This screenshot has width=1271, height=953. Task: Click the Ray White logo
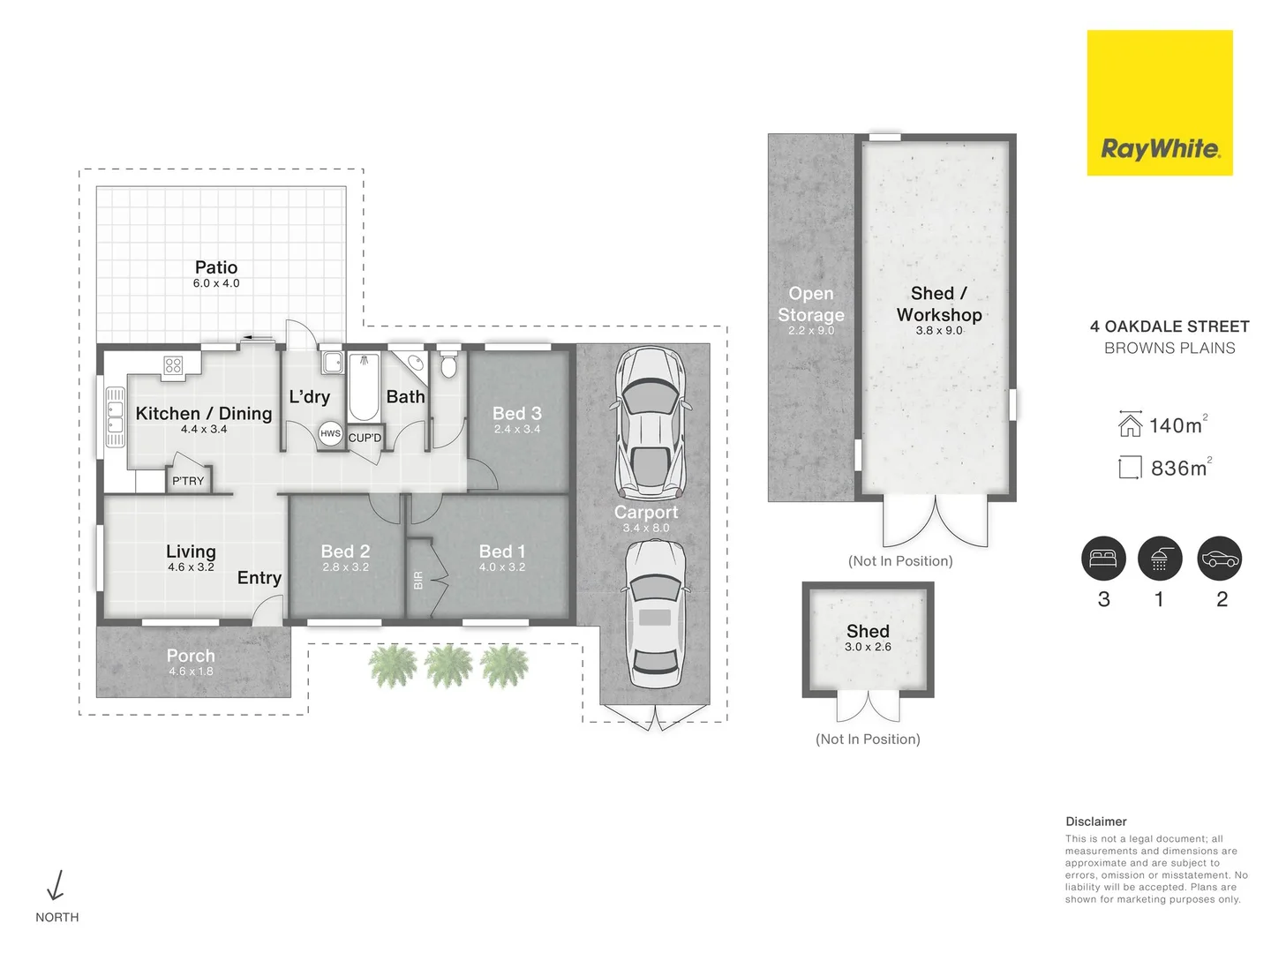coord(1159,103)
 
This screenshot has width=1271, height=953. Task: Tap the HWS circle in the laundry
coord(330,433)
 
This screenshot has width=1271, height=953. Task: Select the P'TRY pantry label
coord(188,481)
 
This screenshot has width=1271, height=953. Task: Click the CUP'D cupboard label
coord(365,438)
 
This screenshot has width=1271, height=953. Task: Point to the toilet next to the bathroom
coord(448,364)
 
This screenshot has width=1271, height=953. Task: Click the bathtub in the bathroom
coord(364,387)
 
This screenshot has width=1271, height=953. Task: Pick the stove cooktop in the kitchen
coord(173,365)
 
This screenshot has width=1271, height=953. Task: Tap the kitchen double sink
coord(115,416)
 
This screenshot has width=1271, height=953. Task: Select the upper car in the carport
coord(650,422)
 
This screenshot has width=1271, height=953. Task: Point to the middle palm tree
coord(448,665)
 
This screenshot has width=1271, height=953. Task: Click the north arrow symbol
coord(56,885)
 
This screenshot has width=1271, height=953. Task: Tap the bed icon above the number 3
coord(1103,559)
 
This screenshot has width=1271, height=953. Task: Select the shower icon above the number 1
coord(1160,559)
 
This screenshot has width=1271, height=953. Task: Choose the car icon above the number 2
coord(1220,559)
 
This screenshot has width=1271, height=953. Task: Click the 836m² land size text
coord(1179,468)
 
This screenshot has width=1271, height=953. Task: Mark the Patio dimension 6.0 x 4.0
coord(216,283)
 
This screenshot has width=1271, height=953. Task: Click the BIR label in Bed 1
coord(418,580)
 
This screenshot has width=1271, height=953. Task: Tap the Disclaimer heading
coord(1095,822)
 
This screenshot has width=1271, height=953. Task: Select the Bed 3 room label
coord(516,413)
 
